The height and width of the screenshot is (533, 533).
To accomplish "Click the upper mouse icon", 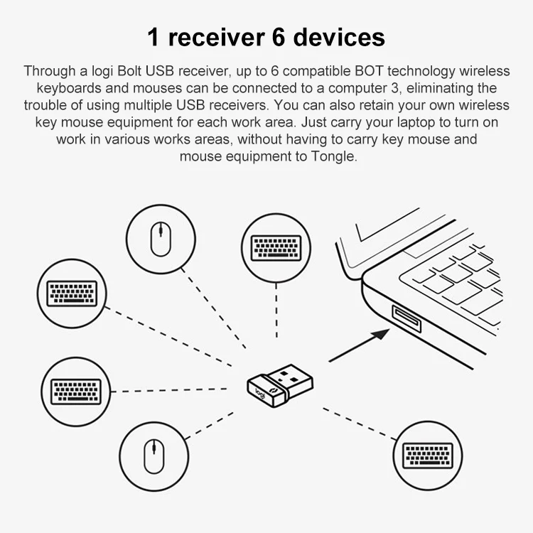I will pos(161,239).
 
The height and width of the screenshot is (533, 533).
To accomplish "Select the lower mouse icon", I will pos(155,456).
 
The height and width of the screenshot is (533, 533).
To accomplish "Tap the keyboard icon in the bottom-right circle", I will pos(429,456).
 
